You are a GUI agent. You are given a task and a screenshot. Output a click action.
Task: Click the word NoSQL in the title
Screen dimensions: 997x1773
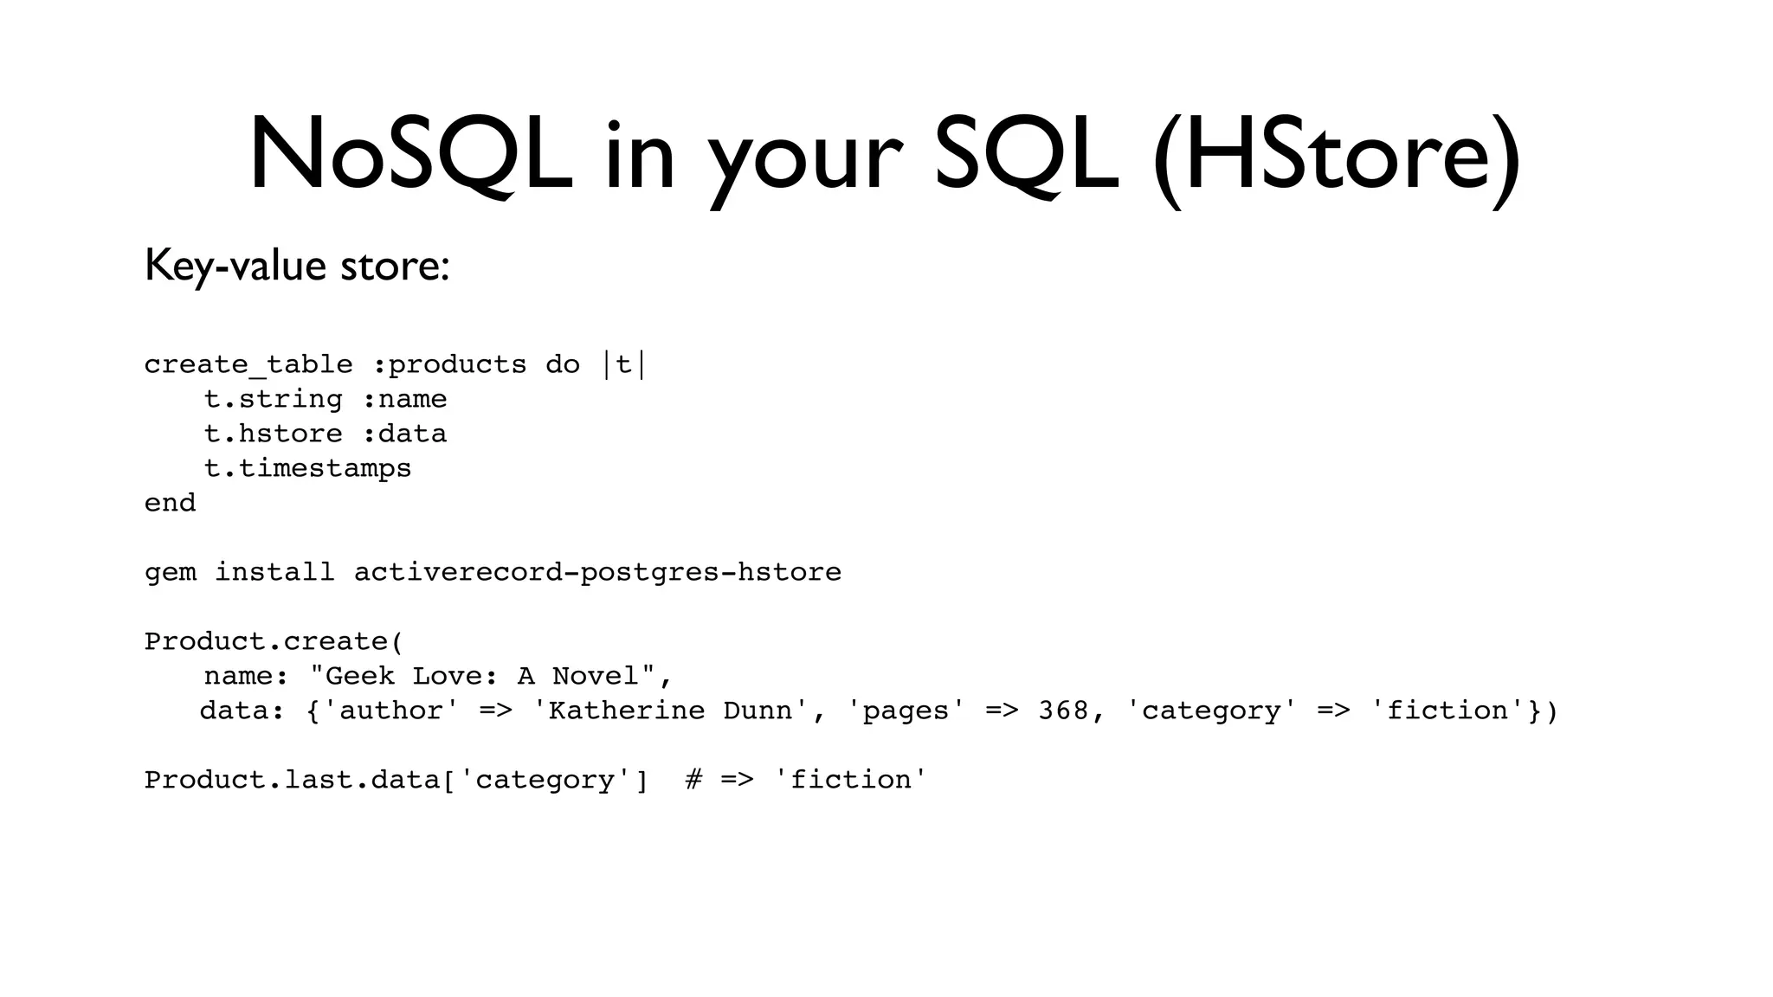410,156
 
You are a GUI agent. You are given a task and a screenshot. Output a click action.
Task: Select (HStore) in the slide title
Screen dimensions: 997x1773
1336,156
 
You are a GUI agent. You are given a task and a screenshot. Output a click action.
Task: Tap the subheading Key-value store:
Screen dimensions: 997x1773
297,265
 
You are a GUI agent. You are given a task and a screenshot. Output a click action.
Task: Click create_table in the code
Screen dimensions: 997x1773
248,365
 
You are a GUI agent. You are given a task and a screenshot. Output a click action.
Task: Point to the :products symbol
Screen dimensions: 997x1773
449,365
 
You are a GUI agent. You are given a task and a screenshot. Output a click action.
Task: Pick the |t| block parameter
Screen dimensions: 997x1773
624,365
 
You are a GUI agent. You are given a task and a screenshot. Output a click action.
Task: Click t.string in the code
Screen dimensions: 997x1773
274,400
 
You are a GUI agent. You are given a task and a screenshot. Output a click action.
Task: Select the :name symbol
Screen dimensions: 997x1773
404,400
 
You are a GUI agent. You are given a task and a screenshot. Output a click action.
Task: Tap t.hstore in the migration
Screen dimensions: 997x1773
274,434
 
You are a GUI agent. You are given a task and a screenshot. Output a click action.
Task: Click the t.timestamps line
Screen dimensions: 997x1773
307,469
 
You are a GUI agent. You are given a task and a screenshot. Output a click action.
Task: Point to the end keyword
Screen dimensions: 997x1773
171,504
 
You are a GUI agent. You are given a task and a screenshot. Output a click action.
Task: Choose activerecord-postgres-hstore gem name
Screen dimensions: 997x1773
597,573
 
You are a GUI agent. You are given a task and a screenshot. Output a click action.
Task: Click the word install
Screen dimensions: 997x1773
274,573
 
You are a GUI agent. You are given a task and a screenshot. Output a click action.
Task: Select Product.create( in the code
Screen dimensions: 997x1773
274,642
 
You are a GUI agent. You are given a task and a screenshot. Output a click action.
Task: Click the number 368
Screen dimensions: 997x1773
1063,711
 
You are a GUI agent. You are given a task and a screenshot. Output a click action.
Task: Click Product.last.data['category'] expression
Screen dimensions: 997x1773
396,781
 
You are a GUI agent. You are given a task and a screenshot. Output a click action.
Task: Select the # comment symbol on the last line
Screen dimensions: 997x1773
693,781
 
